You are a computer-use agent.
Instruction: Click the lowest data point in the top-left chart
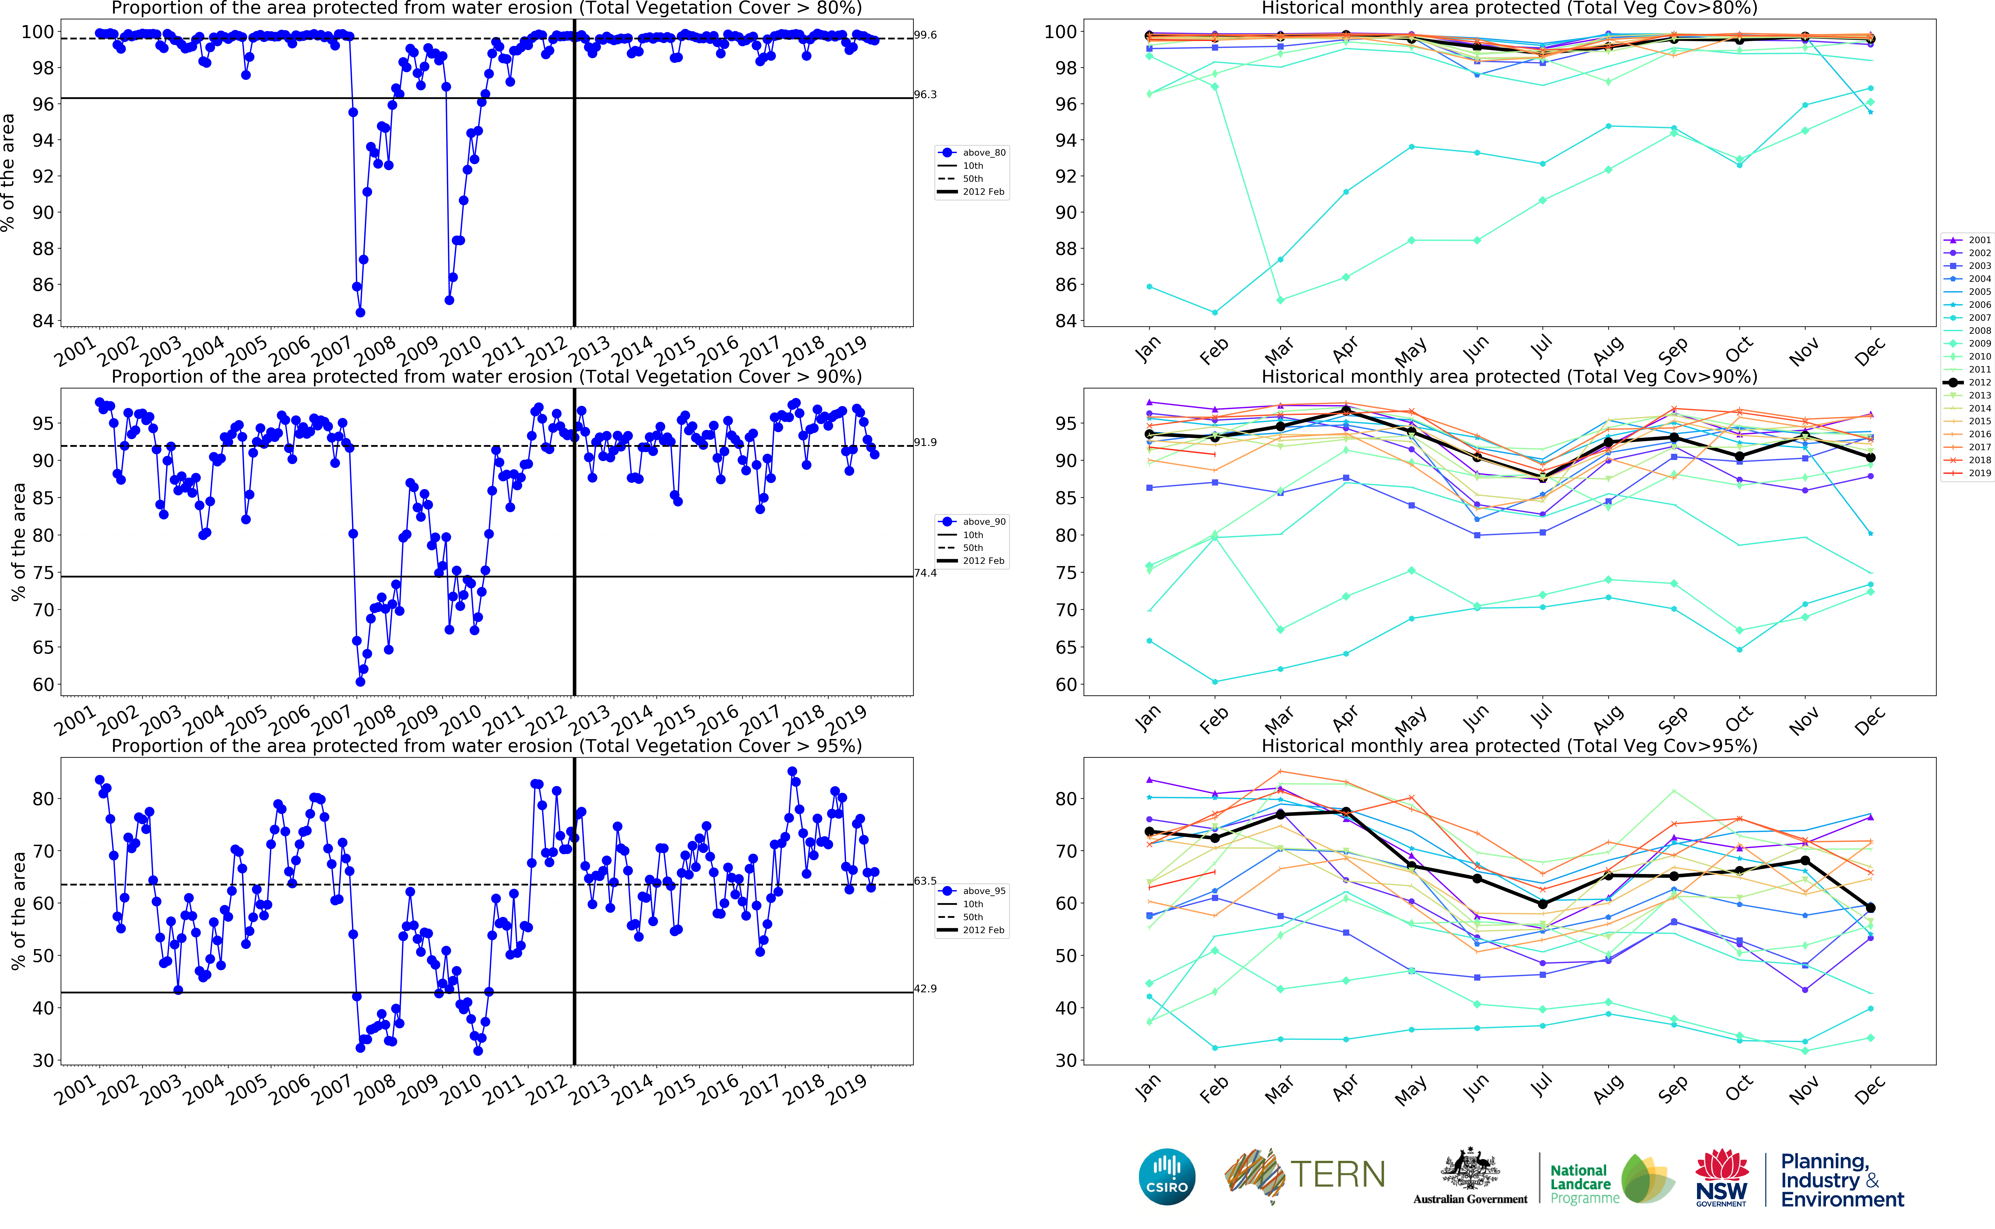point(360,312)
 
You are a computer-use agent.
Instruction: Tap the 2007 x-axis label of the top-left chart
point(332,352)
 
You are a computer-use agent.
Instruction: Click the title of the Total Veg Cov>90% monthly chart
point(1509,376)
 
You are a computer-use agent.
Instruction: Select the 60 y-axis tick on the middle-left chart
point(43,684)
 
